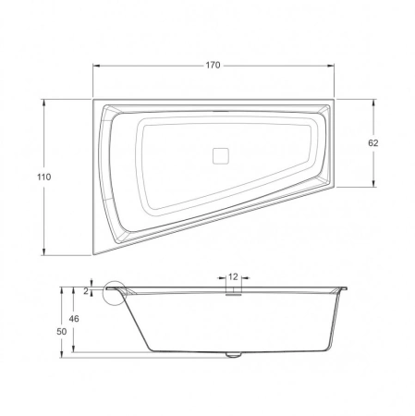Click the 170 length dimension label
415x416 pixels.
(214, 66)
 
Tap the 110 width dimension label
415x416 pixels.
(43, 177)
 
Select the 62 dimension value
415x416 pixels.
(373, 143)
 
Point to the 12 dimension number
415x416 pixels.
(233, 277)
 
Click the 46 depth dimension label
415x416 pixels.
(74, 319)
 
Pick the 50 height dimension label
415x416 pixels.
(62, 332)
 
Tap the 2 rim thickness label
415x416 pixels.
(86, 290)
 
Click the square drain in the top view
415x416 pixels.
(221, 155)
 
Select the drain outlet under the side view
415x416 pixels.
(233, 355)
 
